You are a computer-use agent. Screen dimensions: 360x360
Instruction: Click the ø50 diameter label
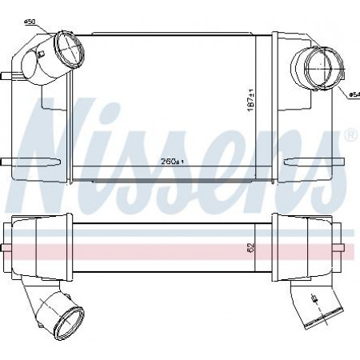click(30, 22)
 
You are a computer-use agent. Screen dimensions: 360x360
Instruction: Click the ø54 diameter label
click(354, 94)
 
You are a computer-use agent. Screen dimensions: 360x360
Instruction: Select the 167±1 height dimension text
click(251, 101)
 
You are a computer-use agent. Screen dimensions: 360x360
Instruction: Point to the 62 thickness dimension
click(251, 248)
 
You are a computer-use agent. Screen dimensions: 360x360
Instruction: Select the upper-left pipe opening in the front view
click(70, 50)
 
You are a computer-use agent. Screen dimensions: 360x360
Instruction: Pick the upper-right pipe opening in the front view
click(323, 68)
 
